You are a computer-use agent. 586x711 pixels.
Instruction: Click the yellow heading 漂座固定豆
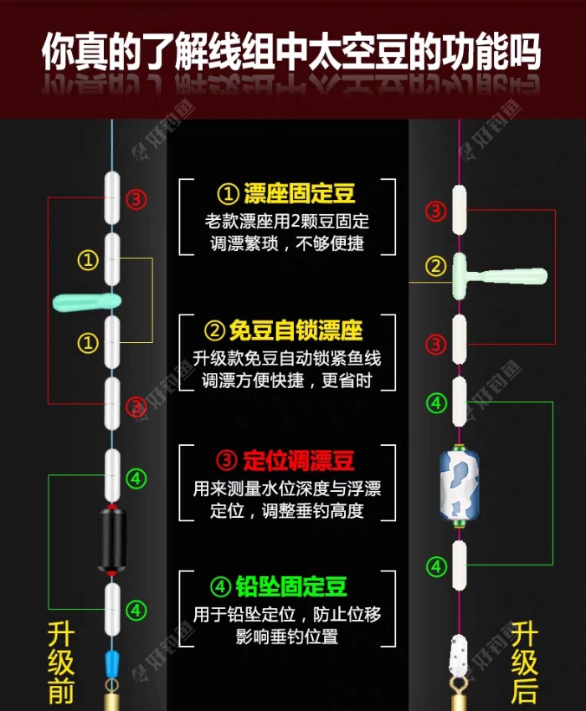click(299, 193)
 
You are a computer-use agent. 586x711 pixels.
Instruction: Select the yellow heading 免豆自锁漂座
click(296, 330)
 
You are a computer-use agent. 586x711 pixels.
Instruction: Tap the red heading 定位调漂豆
click(298, 461)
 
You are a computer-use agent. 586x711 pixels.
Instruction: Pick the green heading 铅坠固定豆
click(291, 586)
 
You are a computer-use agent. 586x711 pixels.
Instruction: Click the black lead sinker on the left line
click(111, 540)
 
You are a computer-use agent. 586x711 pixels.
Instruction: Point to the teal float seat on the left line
click(87, 301)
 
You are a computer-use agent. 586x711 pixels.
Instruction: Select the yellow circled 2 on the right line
click(436, 266)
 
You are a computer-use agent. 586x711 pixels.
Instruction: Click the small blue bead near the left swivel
click(111, 663)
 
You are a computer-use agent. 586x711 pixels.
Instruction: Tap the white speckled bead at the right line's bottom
click(459, 655)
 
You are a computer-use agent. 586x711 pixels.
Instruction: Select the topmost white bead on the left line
click(112, 198)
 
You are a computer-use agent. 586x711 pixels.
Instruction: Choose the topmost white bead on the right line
click(460, 209)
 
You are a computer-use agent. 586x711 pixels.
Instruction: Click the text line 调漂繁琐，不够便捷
click(287, 243)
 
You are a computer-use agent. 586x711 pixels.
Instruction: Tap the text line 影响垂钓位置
click(287, 637)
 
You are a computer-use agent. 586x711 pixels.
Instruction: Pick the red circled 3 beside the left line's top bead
click(136, 198)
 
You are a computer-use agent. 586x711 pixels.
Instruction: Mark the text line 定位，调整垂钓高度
click(287, 510)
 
